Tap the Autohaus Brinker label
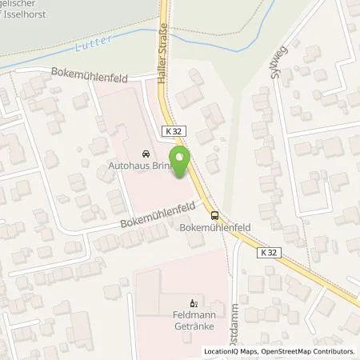[x=138, y=168]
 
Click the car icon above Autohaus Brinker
[x=144, y=154]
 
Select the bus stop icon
[x=214, y=214]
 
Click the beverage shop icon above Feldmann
[x=191, y=303]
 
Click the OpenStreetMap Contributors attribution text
[x=311, y=351]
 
